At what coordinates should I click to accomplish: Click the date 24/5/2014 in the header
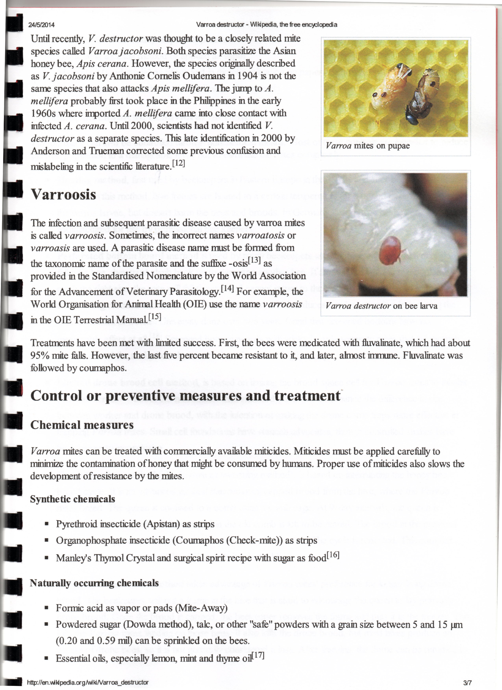[x=41, y=25]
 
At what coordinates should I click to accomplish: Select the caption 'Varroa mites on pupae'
[x=367, y=146]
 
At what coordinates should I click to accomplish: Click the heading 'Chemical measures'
[x=82, y=425]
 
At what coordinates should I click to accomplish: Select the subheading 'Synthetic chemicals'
[x=72, y=499]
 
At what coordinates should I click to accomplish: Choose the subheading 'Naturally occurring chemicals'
[x=94, y=583]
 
